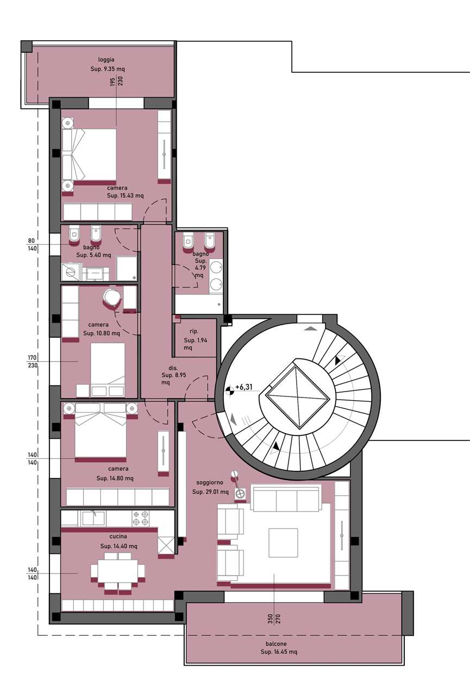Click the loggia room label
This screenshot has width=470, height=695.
click(106, 60)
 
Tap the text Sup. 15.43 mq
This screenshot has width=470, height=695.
click(126, 196)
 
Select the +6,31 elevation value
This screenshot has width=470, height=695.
click(244, 387)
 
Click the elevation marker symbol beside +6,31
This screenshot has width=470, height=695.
click(230, 391)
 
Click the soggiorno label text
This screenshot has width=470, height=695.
click(210, 483)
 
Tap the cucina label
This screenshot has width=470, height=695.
click(118, 536)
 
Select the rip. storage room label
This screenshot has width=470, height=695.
click(194, 331)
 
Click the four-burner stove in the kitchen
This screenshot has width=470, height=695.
click(140, 518)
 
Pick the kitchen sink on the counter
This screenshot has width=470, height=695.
click(93, 518)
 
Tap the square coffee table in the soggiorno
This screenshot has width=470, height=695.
click(283, 543)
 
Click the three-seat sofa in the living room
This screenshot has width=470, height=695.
click(286, 499)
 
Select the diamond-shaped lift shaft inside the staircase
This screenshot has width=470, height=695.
click(297, 397)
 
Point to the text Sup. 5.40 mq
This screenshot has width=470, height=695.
click(93, 255)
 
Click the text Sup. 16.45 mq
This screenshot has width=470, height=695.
click(279, 652)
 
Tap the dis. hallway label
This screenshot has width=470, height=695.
click(173, 368)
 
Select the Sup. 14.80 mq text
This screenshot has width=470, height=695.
click(115, 478)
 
